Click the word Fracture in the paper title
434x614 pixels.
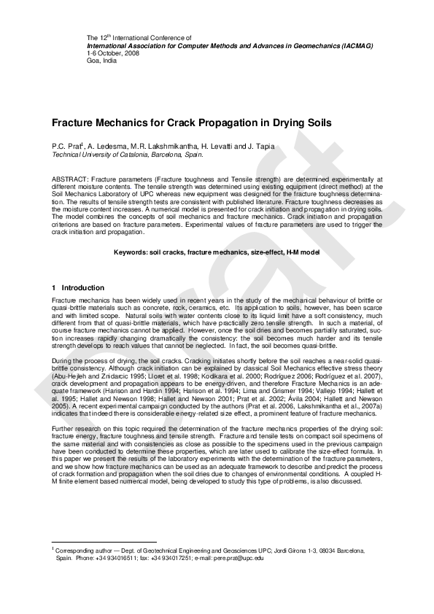point(74,124)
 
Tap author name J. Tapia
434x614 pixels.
point(260,147)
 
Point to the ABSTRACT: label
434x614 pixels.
point(71,178)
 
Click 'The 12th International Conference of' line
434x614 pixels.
point(139,37)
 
